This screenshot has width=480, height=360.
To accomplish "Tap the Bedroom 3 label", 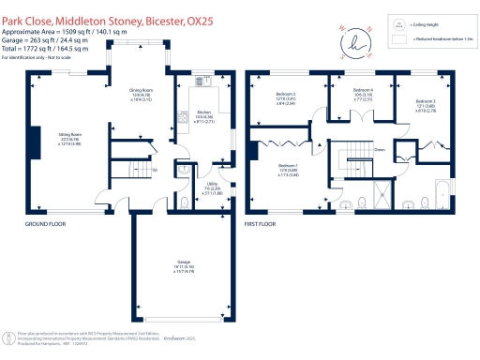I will point(427,103).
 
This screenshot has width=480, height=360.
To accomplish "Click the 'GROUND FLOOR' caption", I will point(43,226).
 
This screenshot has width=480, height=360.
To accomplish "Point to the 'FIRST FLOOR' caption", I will point(265,226).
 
